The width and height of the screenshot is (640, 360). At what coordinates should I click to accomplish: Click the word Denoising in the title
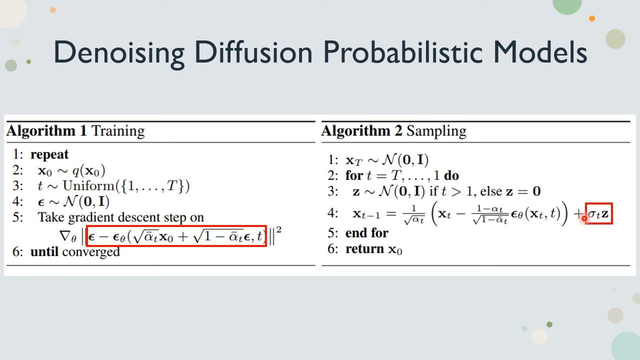(119, 53)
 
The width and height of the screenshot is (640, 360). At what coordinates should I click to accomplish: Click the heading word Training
(118, 131)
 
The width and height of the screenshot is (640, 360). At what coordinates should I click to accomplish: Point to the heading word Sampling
(436, 131)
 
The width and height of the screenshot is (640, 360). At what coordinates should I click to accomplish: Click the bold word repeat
(49, 155)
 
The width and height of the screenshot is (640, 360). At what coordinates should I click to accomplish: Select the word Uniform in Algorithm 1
(88, 186)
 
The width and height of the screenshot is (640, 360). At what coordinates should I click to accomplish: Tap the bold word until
(44, 251)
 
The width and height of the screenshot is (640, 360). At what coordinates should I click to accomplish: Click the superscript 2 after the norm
(279, 230)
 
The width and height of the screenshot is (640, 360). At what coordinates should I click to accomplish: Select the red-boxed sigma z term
(599, 213)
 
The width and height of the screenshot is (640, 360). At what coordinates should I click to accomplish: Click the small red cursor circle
(584, 218)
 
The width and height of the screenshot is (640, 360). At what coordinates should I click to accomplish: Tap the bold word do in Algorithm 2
(451, 175)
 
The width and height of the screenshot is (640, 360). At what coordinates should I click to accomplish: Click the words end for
(367, 233)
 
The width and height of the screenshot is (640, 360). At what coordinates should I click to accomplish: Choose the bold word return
(364, 249)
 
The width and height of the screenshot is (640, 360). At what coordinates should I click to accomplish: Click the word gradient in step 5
(91, 218)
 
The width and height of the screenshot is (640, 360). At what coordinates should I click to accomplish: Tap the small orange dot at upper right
(592, 18)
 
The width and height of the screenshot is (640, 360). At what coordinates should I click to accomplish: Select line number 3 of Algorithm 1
(17, 186)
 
